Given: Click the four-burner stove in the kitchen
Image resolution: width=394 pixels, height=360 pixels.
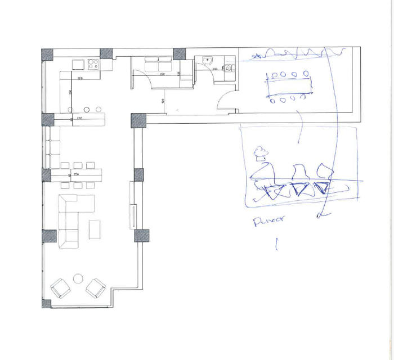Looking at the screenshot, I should click(x=93, y=64).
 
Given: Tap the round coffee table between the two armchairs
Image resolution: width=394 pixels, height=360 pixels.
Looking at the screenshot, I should click(x=78, y=278).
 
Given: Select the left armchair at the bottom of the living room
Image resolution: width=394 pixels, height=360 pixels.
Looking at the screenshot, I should click(x=60, y=289).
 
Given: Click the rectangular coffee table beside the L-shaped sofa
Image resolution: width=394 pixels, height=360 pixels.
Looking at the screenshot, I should click(x=95, y=228).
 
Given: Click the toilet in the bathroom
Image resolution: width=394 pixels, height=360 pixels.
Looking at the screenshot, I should click(x=230, y=69).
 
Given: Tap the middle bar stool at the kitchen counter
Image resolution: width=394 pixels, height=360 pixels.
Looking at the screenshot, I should click(x=87, y=109).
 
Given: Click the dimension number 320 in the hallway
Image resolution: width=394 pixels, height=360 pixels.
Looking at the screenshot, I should click(x=163, y=101).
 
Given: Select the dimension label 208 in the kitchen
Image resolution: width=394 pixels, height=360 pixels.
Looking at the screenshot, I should click(x=80, y=78).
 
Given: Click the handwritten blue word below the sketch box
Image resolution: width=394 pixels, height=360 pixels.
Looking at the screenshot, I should click(x=267, y=220).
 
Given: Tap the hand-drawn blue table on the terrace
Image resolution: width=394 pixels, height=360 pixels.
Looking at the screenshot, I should click(x=288, y=87).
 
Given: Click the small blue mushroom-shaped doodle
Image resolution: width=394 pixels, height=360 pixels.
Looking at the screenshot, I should click(x=260, y=151).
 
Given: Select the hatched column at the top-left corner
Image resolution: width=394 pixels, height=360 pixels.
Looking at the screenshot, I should click(x=48, y=55).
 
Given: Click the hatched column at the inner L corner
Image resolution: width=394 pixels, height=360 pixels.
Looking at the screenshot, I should click(x=138, y=120).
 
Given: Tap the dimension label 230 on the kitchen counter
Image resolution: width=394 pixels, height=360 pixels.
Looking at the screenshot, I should click(x=79, y=118).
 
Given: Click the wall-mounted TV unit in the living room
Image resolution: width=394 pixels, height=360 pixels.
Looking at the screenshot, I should click(x=133, y=214).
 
